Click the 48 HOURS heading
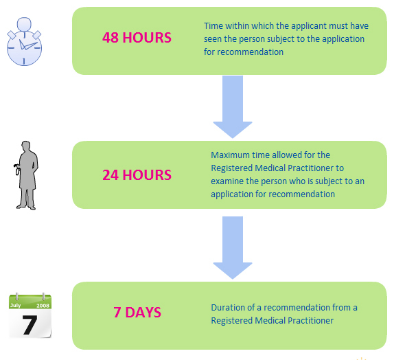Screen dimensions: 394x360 tap(137, 38)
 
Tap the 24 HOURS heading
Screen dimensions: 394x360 tap(137, 175)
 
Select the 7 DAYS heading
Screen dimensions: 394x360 tap(137, 312)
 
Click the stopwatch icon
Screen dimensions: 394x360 tap(24, 41)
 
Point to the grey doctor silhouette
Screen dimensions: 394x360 tap(26, 175)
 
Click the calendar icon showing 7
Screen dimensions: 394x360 tap(30, 315)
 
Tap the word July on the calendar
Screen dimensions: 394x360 tap(15, 306)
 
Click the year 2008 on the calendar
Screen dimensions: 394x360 tap(43, 306)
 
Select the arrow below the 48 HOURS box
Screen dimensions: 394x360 tap(233, 106)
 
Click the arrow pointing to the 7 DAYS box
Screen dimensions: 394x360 tap(233, 247)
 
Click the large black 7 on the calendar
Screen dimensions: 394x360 tap(30, 325)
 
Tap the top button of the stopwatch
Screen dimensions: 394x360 tap(24, 24)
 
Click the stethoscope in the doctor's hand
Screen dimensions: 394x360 tap(17, 169)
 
